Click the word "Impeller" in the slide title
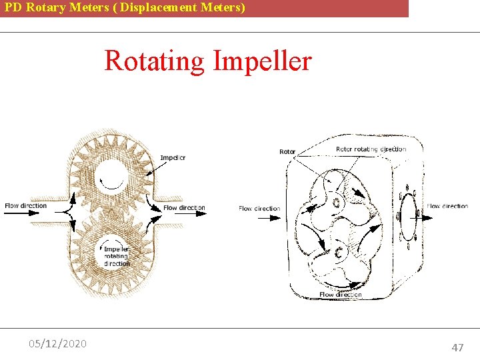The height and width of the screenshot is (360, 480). click(x=262, y=61)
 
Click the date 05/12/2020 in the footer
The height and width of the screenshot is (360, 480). click(x=57, y=343)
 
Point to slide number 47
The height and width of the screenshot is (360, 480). click(x=457, y=347)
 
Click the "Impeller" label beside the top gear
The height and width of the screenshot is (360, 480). click(x=173, y=158)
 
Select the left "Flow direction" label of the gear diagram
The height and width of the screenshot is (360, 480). click(x=26, y=205)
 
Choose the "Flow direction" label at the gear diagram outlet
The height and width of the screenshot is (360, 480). click(x=184, y=208)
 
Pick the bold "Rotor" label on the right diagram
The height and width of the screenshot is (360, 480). click(x=287, y=152)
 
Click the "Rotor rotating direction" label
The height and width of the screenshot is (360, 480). click(x=371, y=149)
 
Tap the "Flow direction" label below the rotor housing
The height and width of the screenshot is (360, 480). click(x=340, y=295)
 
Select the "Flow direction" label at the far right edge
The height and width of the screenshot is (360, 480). click(x=447, y=206)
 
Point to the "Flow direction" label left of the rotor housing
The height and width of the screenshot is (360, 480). click(x=259, y=209)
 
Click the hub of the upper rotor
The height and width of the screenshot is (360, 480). click(x=337, y=202)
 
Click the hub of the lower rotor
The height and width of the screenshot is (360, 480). click(x=339, y=253)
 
